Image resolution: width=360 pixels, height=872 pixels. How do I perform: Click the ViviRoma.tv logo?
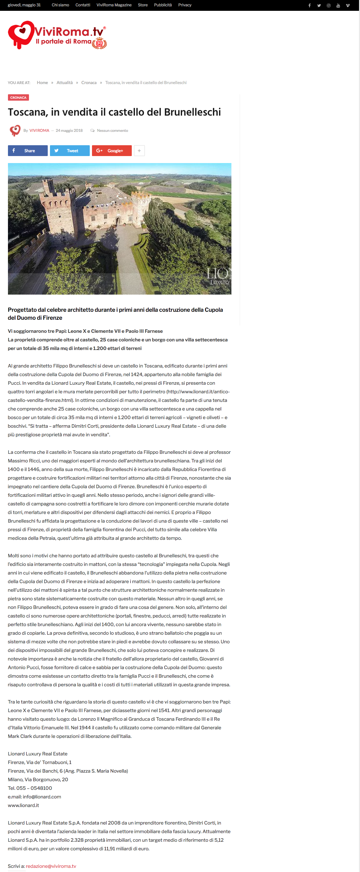point(57,35)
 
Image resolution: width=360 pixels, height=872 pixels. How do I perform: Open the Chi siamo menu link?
point(60,5)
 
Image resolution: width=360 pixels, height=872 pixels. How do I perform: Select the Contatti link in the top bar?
point(82,5)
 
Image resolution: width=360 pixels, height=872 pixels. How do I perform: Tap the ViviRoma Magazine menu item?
point(114,5)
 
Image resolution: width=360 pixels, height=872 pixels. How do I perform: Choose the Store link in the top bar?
point(143,5)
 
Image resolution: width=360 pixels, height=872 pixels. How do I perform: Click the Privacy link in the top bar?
point(185,5)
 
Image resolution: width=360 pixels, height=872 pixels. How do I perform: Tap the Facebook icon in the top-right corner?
point(309,5)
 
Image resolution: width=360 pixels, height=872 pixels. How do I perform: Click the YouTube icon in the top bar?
point(338,5)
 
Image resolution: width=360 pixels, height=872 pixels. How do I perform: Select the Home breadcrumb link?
point(42,82)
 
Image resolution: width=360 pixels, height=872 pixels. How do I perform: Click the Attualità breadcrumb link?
point(64,82)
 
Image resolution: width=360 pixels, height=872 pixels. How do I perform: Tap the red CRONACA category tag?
point(18,97)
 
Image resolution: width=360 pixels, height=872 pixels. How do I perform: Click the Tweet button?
point(70,151)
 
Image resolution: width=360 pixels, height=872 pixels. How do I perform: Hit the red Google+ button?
point(112,151)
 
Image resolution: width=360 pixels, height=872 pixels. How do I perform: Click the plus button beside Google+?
point(139,151)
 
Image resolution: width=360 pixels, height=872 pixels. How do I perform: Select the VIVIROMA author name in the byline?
point(39,131)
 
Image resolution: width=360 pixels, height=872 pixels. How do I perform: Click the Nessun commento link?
point(112,131)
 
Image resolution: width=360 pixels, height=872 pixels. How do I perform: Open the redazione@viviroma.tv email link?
point(51,866)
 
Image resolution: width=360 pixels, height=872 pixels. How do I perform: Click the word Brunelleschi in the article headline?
point(192,112)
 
